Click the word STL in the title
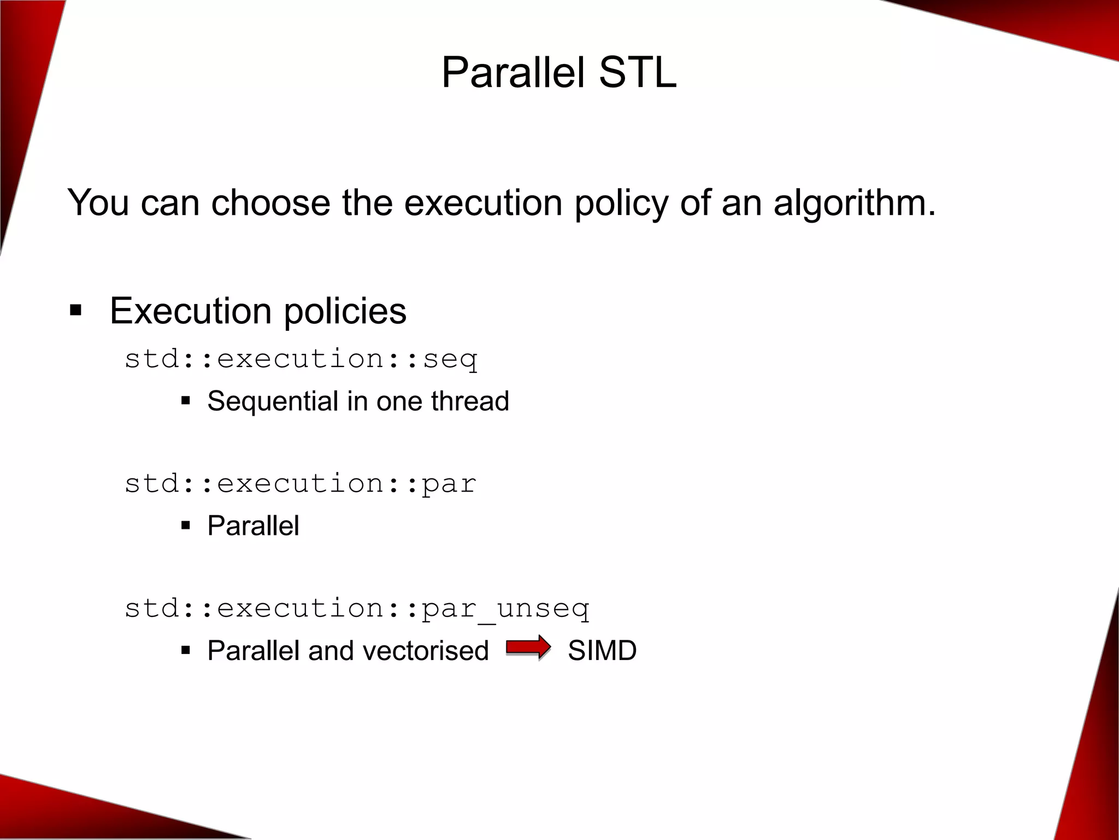(637, 73)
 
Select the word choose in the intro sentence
(270, 203)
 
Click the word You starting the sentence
(98, 203)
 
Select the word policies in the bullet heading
(345, 311)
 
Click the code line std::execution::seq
(301, 359)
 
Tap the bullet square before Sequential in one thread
(186, 401)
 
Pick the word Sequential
(273, 401)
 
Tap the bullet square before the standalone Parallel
(186, 526)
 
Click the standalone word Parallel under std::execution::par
(253, 526)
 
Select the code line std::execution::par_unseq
(357, 609)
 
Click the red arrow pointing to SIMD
(528, 648)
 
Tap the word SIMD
(602, 651)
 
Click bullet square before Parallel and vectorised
(186, 651)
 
